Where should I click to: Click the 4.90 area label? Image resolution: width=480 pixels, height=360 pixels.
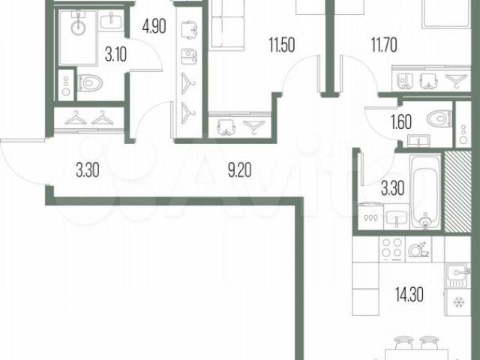coord(154,26)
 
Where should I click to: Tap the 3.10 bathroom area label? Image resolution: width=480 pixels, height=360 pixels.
coord(115,55)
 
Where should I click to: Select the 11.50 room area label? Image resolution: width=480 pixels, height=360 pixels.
coord(282,45)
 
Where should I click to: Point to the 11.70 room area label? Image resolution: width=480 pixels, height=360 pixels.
coord(384,45)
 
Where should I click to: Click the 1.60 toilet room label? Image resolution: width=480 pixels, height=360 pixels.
coord(401,121)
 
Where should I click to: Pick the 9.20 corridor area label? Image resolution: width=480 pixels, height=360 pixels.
coord(240,170)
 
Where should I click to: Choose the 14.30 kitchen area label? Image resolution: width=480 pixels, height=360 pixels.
coord(409,295)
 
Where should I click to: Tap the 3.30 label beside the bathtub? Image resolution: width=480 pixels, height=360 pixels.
coord(393,188)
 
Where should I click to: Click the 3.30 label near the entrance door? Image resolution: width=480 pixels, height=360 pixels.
coord(88,170)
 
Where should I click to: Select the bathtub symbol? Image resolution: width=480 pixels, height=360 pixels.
coord(425,192)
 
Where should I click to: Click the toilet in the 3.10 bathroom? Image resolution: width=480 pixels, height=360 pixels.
coord(90,83)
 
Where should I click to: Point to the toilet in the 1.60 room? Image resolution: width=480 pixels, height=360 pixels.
coord(439,118)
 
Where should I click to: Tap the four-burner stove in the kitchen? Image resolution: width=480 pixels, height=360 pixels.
coord(392,248)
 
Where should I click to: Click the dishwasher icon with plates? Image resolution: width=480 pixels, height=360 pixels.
coord(418,249)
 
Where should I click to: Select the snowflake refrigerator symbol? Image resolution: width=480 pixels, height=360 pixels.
coord(458,303)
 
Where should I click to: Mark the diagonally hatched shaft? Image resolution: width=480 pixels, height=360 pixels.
coord(457,191)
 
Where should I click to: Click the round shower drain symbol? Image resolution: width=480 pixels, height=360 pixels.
coord(78,28)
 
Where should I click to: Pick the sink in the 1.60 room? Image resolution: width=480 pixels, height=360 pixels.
coord(418,141)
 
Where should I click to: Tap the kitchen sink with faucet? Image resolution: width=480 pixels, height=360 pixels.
coord(457,275)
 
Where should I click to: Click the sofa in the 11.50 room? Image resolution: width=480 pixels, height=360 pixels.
coord(228,25)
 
